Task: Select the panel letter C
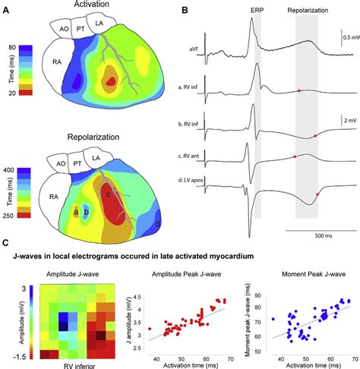point(7,242)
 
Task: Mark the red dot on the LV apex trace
point(317,194)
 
